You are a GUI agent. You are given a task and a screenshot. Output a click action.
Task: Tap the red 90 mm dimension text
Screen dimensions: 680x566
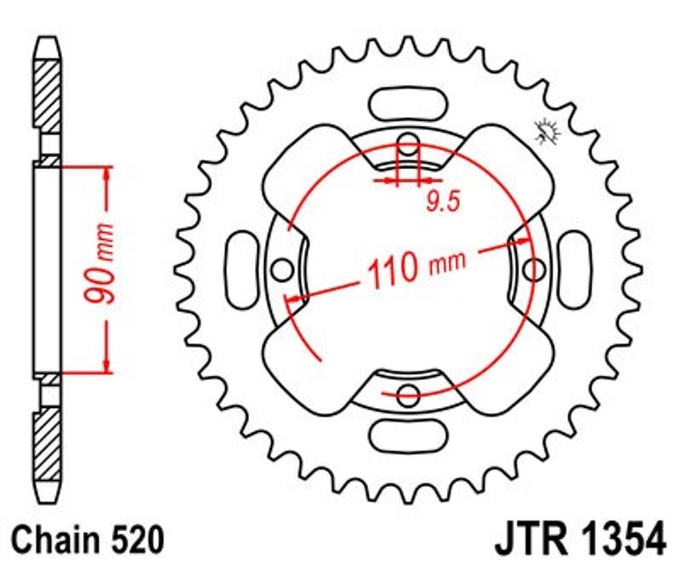100,263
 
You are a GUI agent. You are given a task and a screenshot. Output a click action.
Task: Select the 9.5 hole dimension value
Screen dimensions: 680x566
443,201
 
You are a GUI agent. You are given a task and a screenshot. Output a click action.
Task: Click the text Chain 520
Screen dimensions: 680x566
88,540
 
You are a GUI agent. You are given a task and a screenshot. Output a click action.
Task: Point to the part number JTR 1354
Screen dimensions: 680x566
581,540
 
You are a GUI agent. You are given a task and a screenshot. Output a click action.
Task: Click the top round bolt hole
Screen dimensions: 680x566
408,145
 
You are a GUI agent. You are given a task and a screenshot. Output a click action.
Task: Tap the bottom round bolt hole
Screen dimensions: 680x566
408,394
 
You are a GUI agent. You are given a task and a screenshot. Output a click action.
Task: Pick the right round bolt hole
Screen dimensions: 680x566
534,270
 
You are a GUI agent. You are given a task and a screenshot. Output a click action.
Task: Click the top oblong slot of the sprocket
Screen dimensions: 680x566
408,102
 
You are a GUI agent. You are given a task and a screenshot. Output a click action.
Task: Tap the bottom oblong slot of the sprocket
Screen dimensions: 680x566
408,434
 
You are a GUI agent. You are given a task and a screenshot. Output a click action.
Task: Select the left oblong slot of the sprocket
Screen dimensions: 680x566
239,270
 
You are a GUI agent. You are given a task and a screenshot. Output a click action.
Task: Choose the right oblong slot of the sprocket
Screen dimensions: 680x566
575,270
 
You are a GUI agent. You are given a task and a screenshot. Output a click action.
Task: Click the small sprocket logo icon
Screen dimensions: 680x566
548,130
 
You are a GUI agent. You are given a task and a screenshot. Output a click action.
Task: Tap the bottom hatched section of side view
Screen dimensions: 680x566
47,445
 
